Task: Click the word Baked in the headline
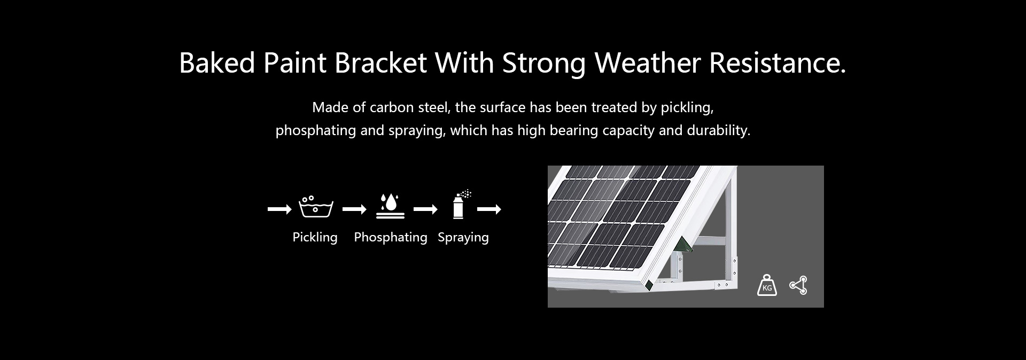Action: point(217,63)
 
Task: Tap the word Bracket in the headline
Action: point(380,63)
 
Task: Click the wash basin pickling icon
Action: point(316,207)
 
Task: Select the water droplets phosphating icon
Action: point(390,207)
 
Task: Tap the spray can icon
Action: point(461,204)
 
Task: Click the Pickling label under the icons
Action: point(315,238)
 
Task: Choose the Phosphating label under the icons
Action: point(391,238)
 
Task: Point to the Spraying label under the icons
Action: point(463,238)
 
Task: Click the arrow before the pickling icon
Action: point(279,209)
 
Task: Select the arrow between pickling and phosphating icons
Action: point(354,209)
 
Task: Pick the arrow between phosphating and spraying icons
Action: point(425,209)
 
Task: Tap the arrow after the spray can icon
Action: point(489,209)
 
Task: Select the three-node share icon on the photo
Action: point(798,285)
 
